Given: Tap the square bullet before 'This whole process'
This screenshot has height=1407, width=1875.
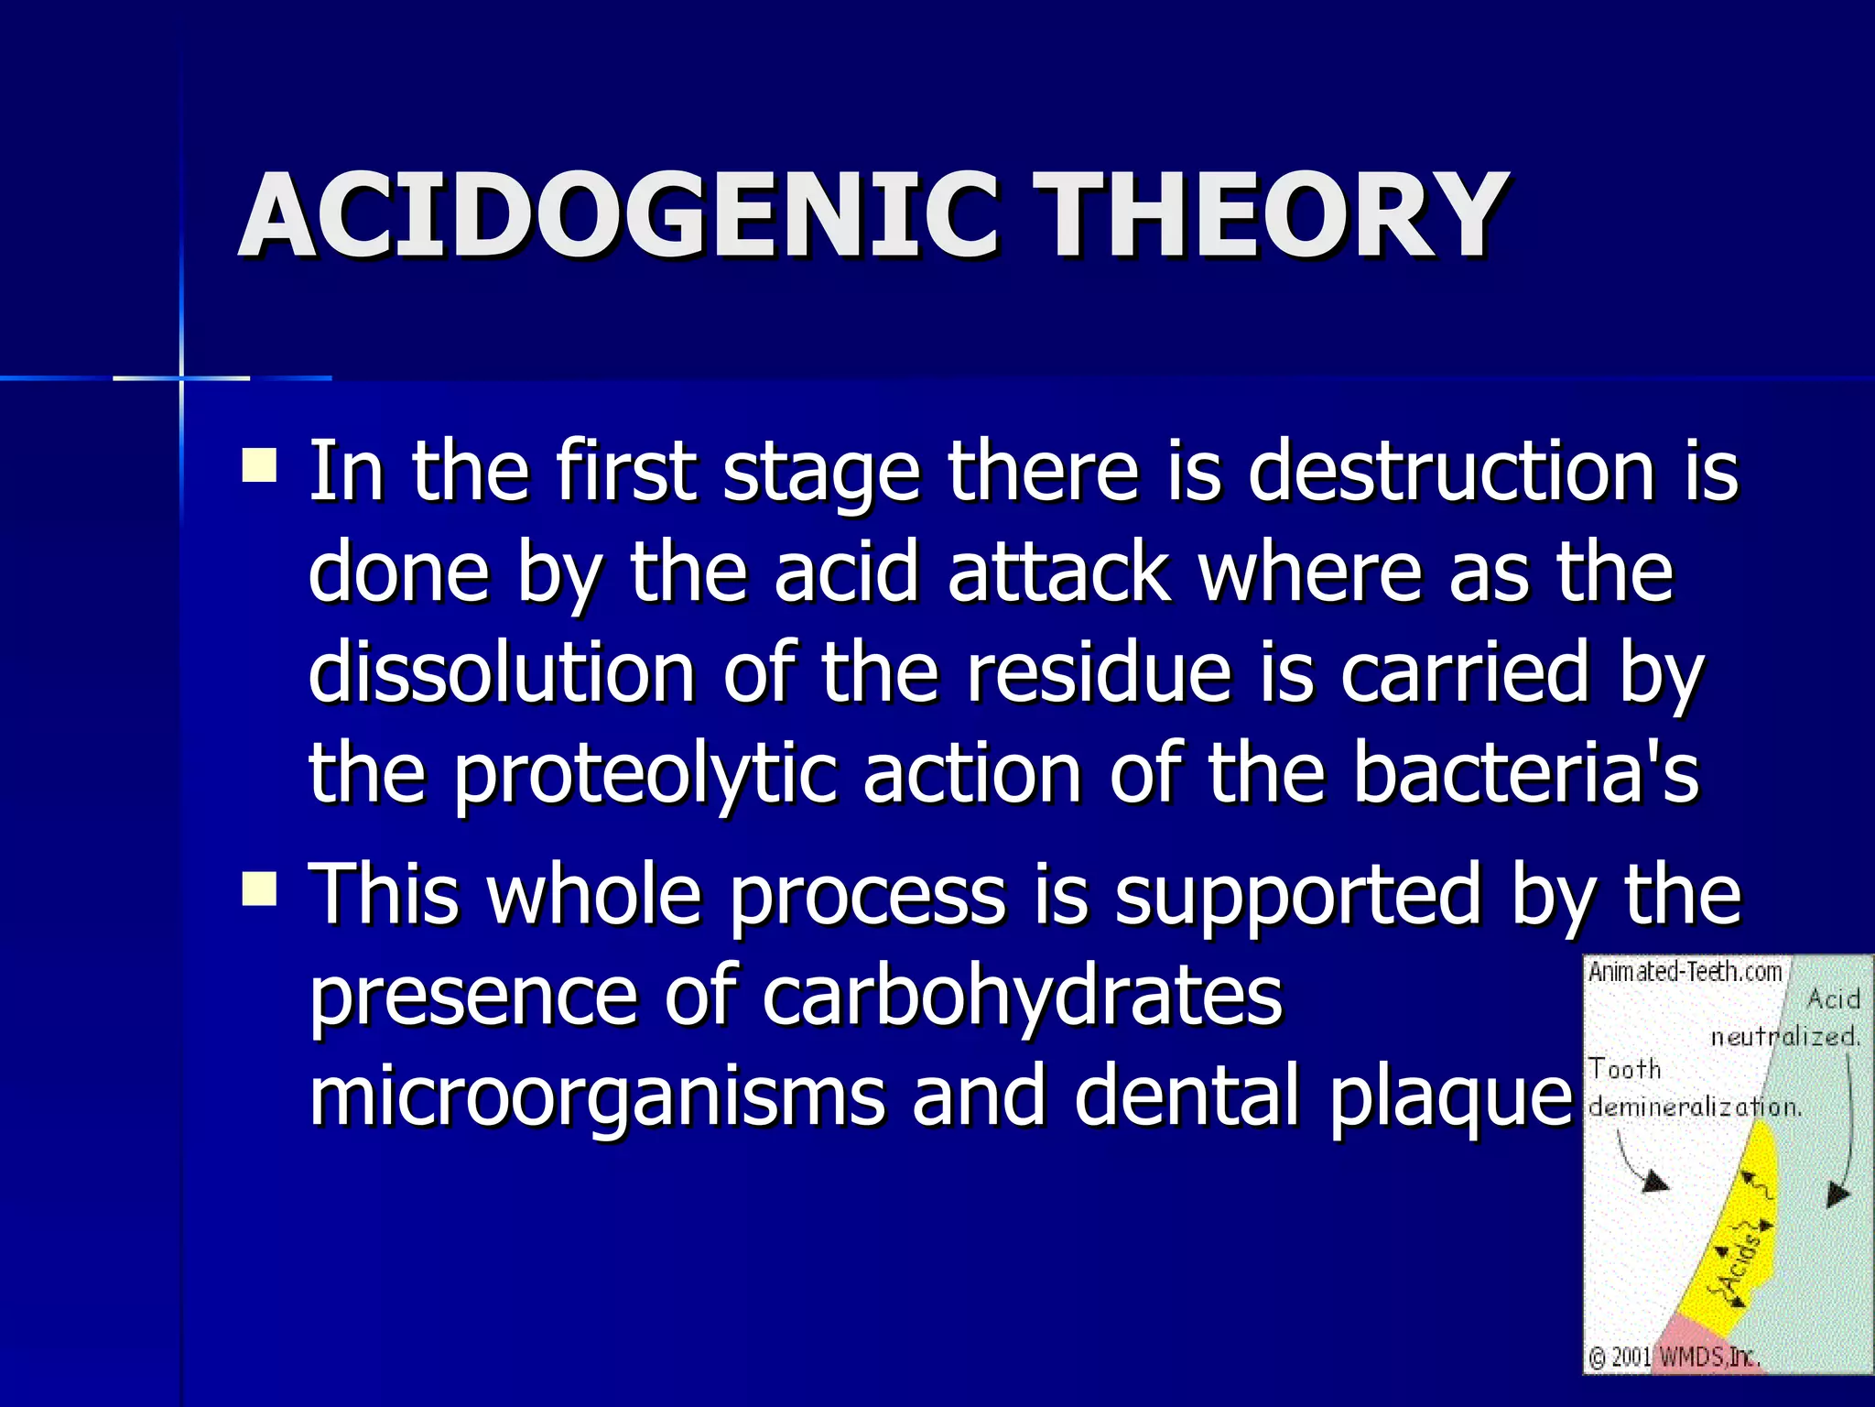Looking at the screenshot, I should click(259, 888).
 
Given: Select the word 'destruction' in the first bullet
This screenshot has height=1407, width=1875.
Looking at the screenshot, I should click(1451, 472).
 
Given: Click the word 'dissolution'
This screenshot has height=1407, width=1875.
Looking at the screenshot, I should click(503, 673).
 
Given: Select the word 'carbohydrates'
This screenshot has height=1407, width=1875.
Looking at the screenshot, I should click(1022, 997).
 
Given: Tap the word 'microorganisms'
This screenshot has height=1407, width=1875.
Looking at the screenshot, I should click(597, 1097).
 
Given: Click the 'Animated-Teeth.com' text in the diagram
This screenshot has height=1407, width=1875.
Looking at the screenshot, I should click(1685, 972).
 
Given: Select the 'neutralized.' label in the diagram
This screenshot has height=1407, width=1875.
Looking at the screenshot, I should click(1785, 1037).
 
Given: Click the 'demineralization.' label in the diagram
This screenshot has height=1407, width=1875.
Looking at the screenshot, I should click(1694, 1107).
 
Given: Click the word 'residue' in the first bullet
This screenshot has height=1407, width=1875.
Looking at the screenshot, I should click(1100, 673).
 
